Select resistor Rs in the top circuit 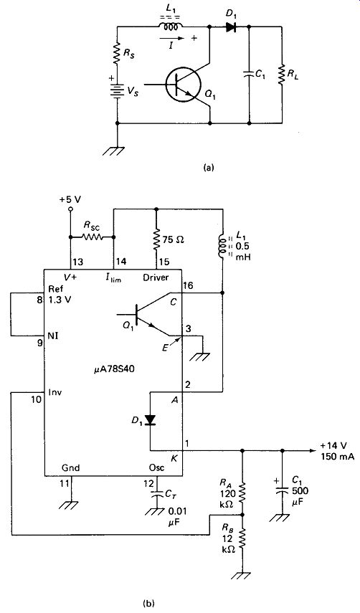117,53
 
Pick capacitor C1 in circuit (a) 250,75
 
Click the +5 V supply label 70,199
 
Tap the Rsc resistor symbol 92,237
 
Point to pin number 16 189,287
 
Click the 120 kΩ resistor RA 242,492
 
